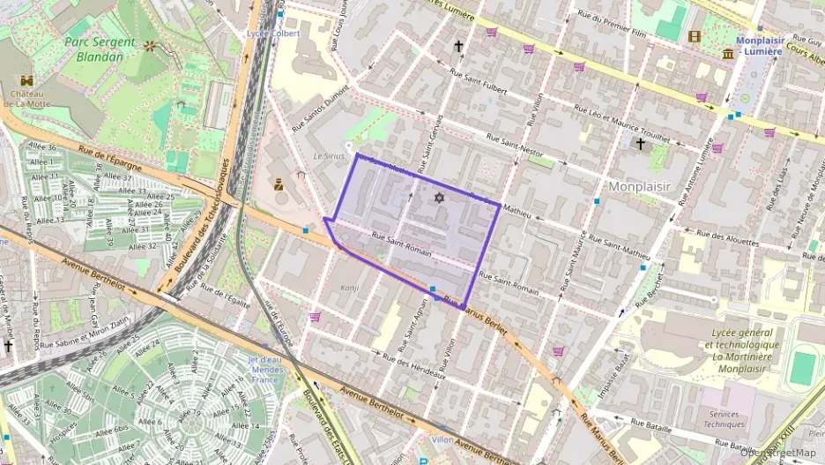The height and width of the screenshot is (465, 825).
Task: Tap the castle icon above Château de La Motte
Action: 22,79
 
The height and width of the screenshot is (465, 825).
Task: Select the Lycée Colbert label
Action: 274,34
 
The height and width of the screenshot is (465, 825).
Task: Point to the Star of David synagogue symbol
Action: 438,198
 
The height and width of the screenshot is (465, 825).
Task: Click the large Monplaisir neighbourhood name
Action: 640,186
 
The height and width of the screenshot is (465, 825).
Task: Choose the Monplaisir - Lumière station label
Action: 759,46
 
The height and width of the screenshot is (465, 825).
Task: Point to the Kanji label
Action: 351,288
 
